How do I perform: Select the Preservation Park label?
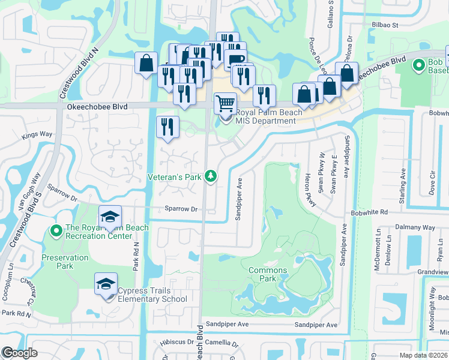[65, 262]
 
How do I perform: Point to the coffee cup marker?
[237, 61]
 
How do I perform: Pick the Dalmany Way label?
[415, 228]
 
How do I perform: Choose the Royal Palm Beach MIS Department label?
[265, 116]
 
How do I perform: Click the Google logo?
[20, 353]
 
